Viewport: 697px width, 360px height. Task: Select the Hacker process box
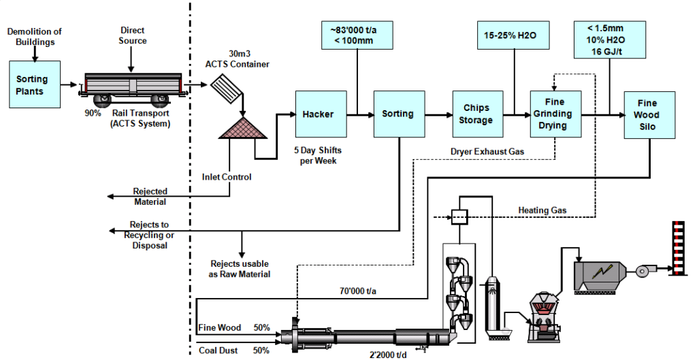click(x=318, y=114)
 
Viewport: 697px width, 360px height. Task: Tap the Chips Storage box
click(x=476, y=114)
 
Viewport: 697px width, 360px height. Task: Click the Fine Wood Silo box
click(x=647, y=114)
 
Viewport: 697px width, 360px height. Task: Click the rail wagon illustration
click(x=132, y=88)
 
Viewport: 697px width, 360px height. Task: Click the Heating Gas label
click(x=542, y=210)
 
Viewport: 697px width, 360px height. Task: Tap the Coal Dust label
click(x=218, y=350)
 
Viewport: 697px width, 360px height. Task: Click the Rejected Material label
click(x=150, y=197)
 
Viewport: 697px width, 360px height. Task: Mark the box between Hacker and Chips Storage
click(x=398, y=114)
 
